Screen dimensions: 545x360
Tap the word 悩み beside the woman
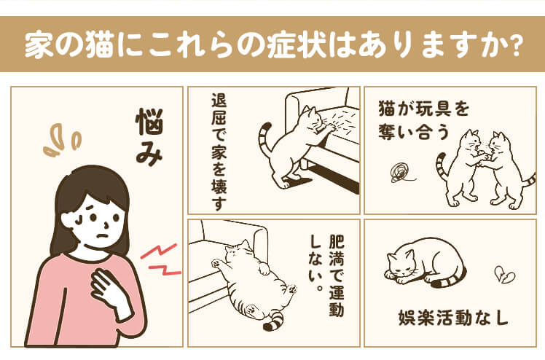tap(149, 137)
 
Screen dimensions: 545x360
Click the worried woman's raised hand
tap(110, 292)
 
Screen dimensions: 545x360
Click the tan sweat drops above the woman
tap(62, 140)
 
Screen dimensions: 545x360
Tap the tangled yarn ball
tap(401, 173)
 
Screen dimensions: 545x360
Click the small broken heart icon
tap(505, 275)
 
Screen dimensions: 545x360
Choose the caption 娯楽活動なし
tap(454, 318)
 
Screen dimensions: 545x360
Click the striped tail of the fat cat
tap(273, 321)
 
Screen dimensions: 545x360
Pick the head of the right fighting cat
tap(498, 143)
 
